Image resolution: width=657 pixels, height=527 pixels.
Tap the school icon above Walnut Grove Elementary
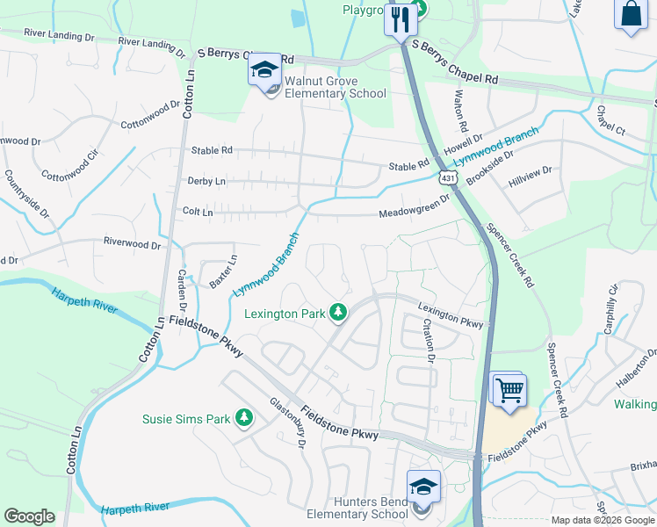click(x=264, y=69)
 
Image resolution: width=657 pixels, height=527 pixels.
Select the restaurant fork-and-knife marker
click(x=401, y=19)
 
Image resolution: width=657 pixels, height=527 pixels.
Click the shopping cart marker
click(x=509, y=388)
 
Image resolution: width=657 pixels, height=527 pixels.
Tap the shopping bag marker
click(x=631, y=14)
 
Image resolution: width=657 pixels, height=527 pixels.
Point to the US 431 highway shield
click(x=448, y=179)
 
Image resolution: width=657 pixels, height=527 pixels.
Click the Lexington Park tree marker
click(x=337, y=312)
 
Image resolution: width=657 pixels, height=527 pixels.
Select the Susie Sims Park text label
click(x=185, y=419)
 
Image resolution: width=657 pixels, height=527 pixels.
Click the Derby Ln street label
click(x=206, y=181)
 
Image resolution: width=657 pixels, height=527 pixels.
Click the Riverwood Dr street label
click(x=133, y=243)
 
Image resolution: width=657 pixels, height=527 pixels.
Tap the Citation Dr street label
click(x=429, y=340)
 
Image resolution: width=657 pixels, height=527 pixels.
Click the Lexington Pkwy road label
click(x=451, y=315)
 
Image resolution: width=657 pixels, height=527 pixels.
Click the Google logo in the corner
click(x=29, y=516)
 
